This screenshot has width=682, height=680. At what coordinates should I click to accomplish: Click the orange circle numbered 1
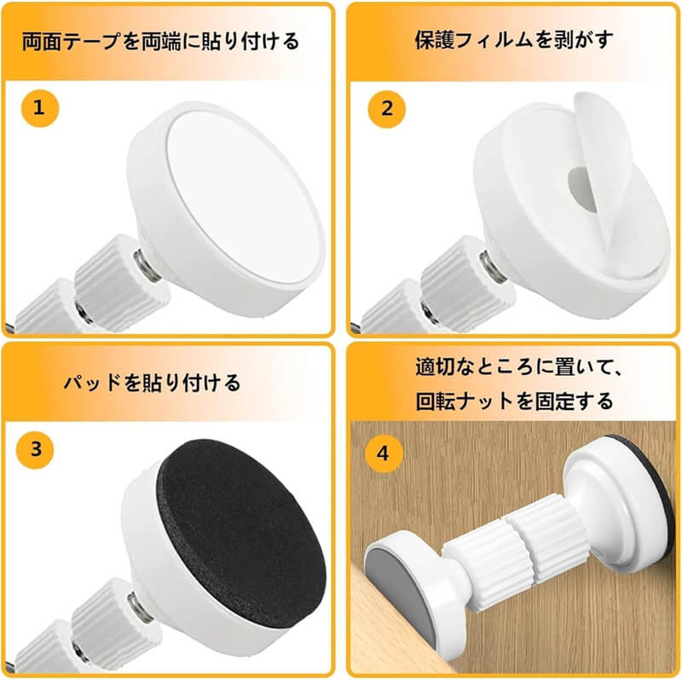[39, 108]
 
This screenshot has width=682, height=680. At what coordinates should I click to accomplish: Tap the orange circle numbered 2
[387, 109]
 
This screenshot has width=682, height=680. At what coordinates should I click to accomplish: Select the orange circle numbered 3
[35, 450]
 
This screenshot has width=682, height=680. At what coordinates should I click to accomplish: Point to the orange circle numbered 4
[383, 454]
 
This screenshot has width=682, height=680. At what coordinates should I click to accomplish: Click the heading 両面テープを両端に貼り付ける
[160, 41]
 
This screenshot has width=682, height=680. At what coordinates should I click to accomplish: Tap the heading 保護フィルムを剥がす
[514, 40]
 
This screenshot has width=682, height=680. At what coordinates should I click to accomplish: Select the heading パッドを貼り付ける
[152, 383]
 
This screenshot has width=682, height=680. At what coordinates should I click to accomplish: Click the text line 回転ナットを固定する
[514, 401]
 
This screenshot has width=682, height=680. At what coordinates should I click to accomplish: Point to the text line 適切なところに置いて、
[518, 367]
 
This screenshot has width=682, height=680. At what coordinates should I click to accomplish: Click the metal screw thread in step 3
[140, 607]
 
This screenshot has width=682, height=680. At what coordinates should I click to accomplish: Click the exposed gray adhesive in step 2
[583, 187]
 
